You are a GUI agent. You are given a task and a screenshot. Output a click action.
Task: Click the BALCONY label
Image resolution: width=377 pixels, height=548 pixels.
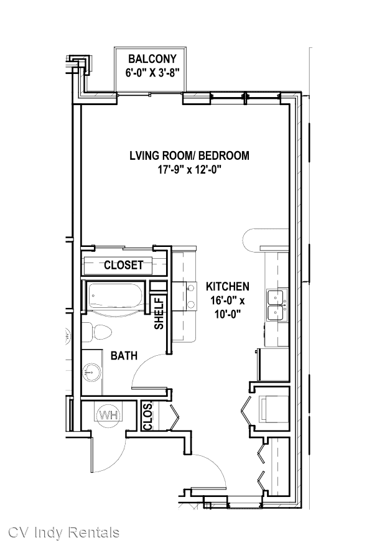click(x=152, y=58)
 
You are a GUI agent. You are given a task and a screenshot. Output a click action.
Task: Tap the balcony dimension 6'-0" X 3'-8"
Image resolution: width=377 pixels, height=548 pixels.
click(x=152, y=73)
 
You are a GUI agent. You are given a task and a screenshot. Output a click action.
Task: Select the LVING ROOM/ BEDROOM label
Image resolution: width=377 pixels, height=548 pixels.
click(x=189, y=156)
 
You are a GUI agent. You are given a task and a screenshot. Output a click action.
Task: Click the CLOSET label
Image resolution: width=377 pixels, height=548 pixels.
click(x=124, y=265)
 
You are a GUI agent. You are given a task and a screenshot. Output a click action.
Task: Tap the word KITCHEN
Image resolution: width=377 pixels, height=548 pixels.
click(x=228, y=287)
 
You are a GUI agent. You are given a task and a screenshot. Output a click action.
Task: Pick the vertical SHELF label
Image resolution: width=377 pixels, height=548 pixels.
click(x=159, y=313)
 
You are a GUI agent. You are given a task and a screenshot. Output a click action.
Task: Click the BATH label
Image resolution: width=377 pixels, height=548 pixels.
click(x=124, y=356)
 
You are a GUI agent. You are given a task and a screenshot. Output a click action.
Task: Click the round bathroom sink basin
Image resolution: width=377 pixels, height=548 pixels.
click(x=92, y=372)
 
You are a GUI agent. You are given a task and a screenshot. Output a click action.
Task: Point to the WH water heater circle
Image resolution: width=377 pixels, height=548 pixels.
click(x=109, y=416)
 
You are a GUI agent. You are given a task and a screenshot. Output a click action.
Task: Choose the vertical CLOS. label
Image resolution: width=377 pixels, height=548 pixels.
click(x=148, y=416)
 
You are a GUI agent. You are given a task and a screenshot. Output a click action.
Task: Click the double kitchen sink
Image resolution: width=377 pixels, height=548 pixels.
click(x=277, y=305)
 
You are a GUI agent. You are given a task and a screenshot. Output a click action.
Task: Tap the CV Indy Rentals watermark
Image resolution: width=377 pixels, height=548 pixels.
click(x=63, y=532)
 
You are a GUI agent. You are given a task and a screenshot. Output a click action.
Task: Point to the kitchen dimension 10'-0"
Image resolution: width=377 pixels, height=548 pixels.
click(x=228, y=315)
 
